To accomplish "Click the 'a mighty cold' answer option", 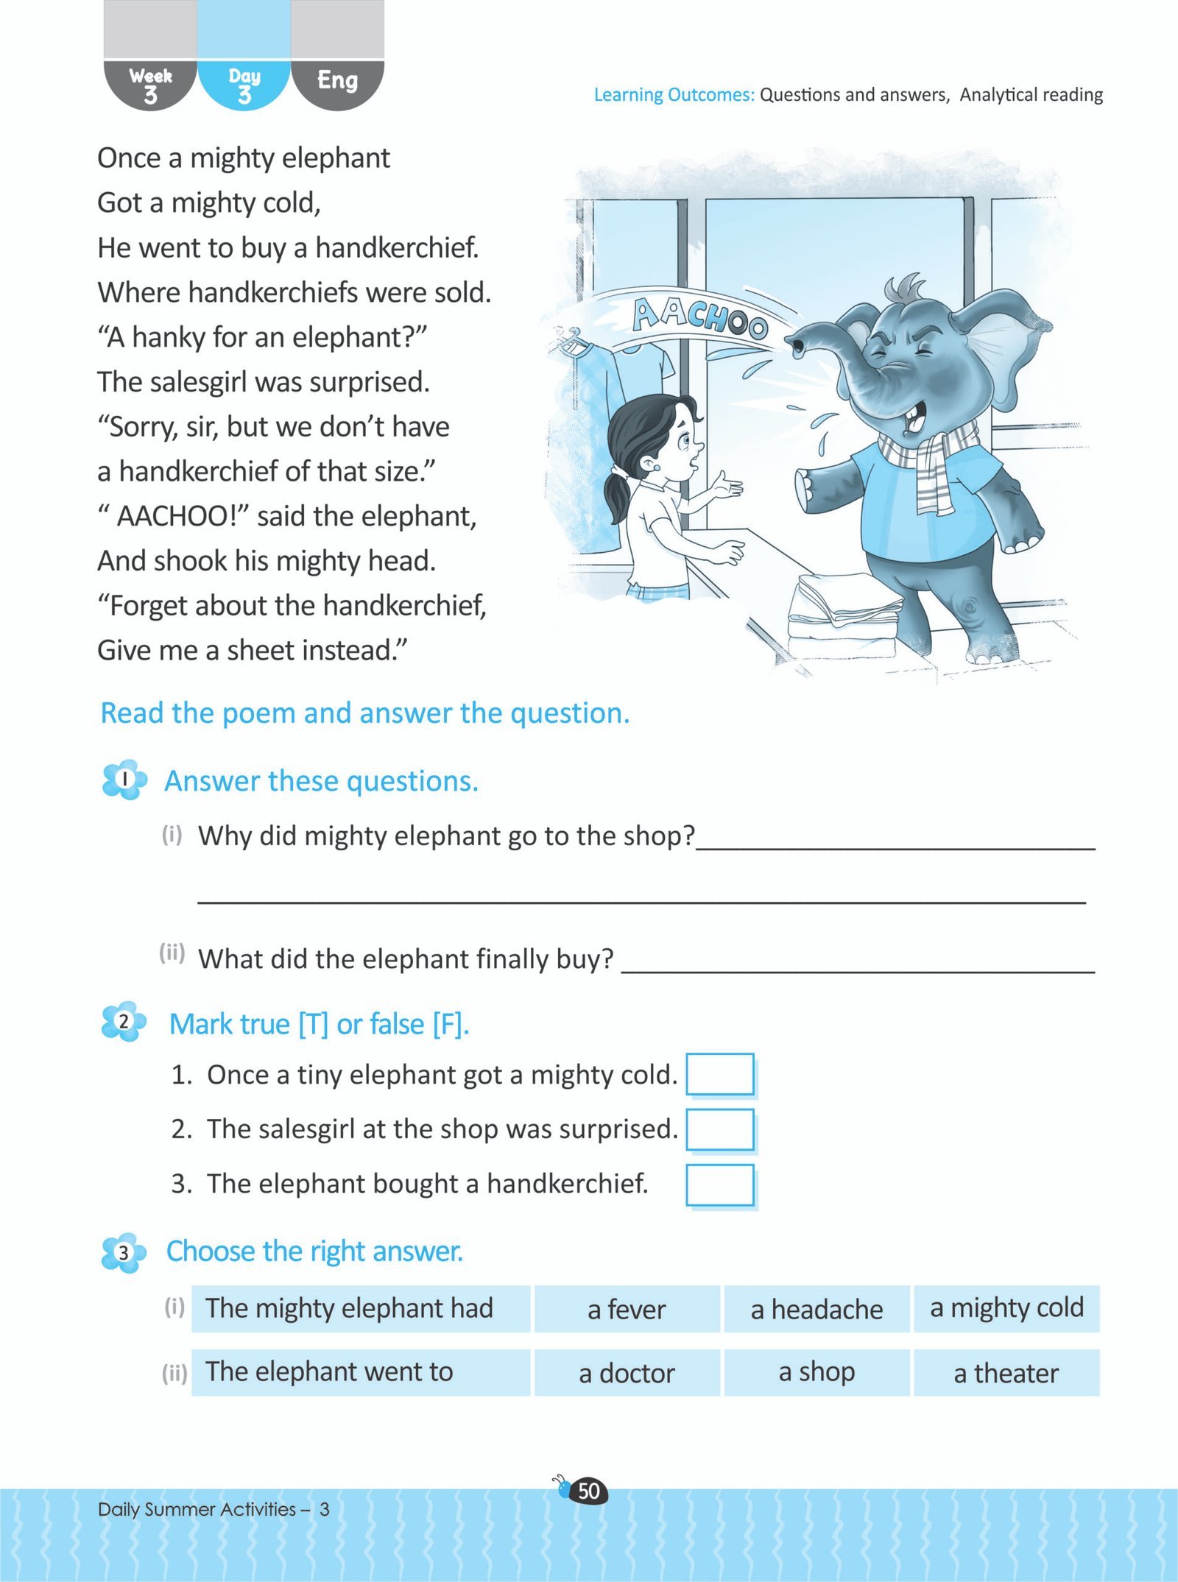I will click(x=1006, y=1308).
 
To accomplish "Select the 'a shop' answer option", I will click(x=817, y=1372).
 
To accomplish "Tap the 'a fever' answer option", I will click(x=627, y=1310).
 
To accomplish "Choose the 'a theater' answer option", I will click(x=1006, y=1373).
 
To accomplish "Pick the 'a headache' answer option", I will click(x=817, y=1310).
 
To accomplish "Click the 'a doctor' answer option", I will click(x=627, y=1373).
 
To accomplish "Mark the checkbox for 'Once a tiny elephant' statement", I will click(x=719, y=1075).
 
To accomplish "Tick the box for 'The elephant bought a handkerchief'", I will click(x=719, y=1184).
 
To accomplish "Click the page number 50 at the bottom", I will click(x=589, y=1491).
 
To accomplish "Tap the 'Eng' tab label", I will click(x=337, y=80).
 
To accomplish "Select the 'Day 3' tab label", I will click(x=244, y=85).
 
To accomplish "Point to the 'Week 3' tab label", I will click(x=150, y=85).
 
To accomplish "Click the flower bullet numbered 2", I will click(x=124, y=1022).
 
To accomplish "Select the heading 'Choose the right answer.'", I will click(x=314, y=1251).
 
